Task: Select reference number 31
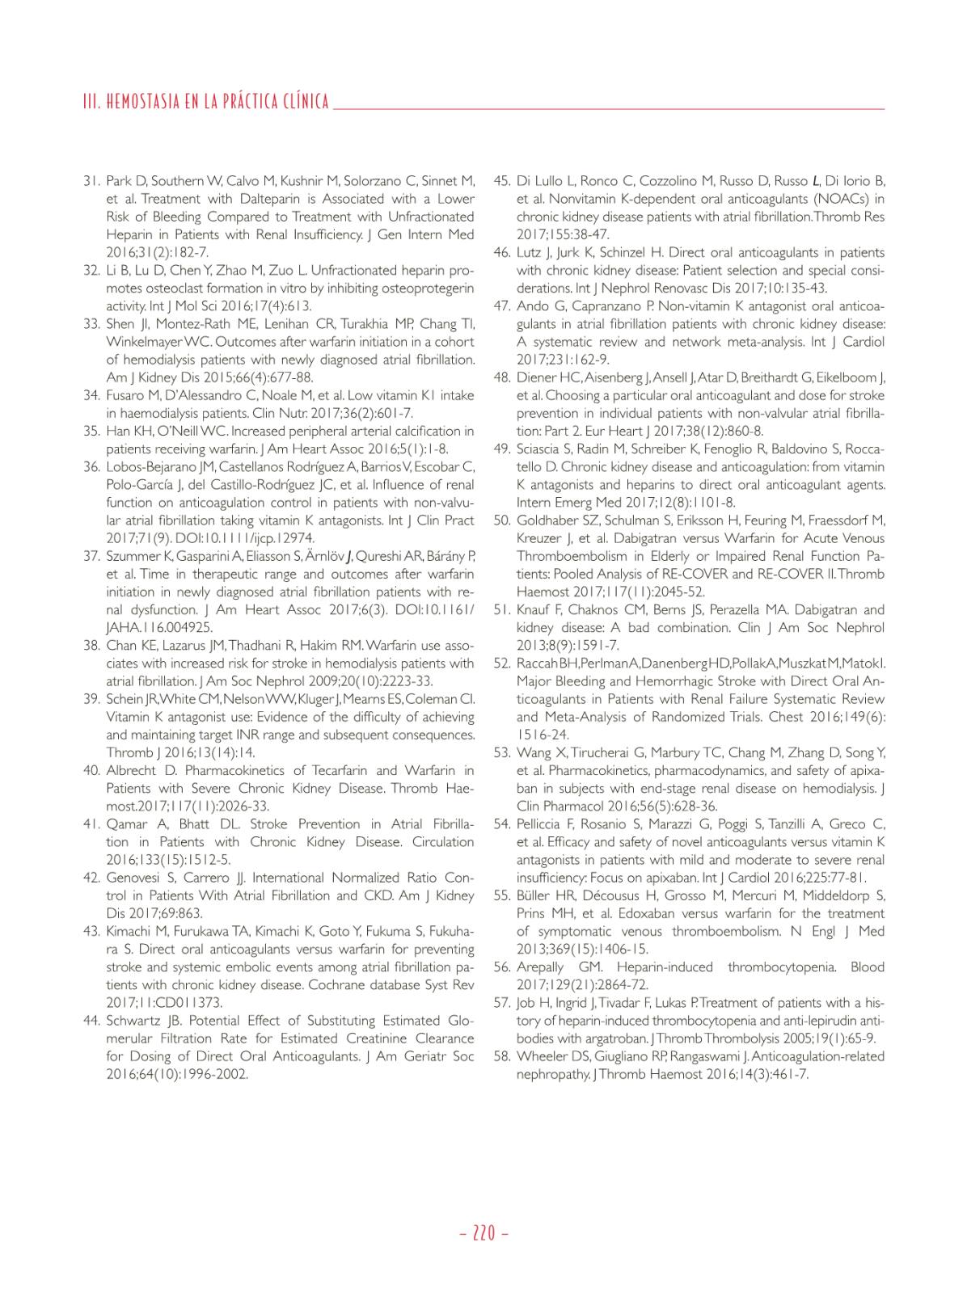pyautogui.click(x=91, y=181)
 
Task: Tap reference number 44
pyautogui.click(x=91, y=1021)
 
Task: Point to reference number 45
pyautogui.click(x=501, y=181)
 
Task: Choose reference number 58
pyautogui.click(x=501, y=1056)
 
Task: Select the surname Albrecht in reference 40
pyautogui.click(x=133, y=770)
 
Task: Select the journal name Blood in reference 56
pyautogui.click(x=868, y=967)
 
